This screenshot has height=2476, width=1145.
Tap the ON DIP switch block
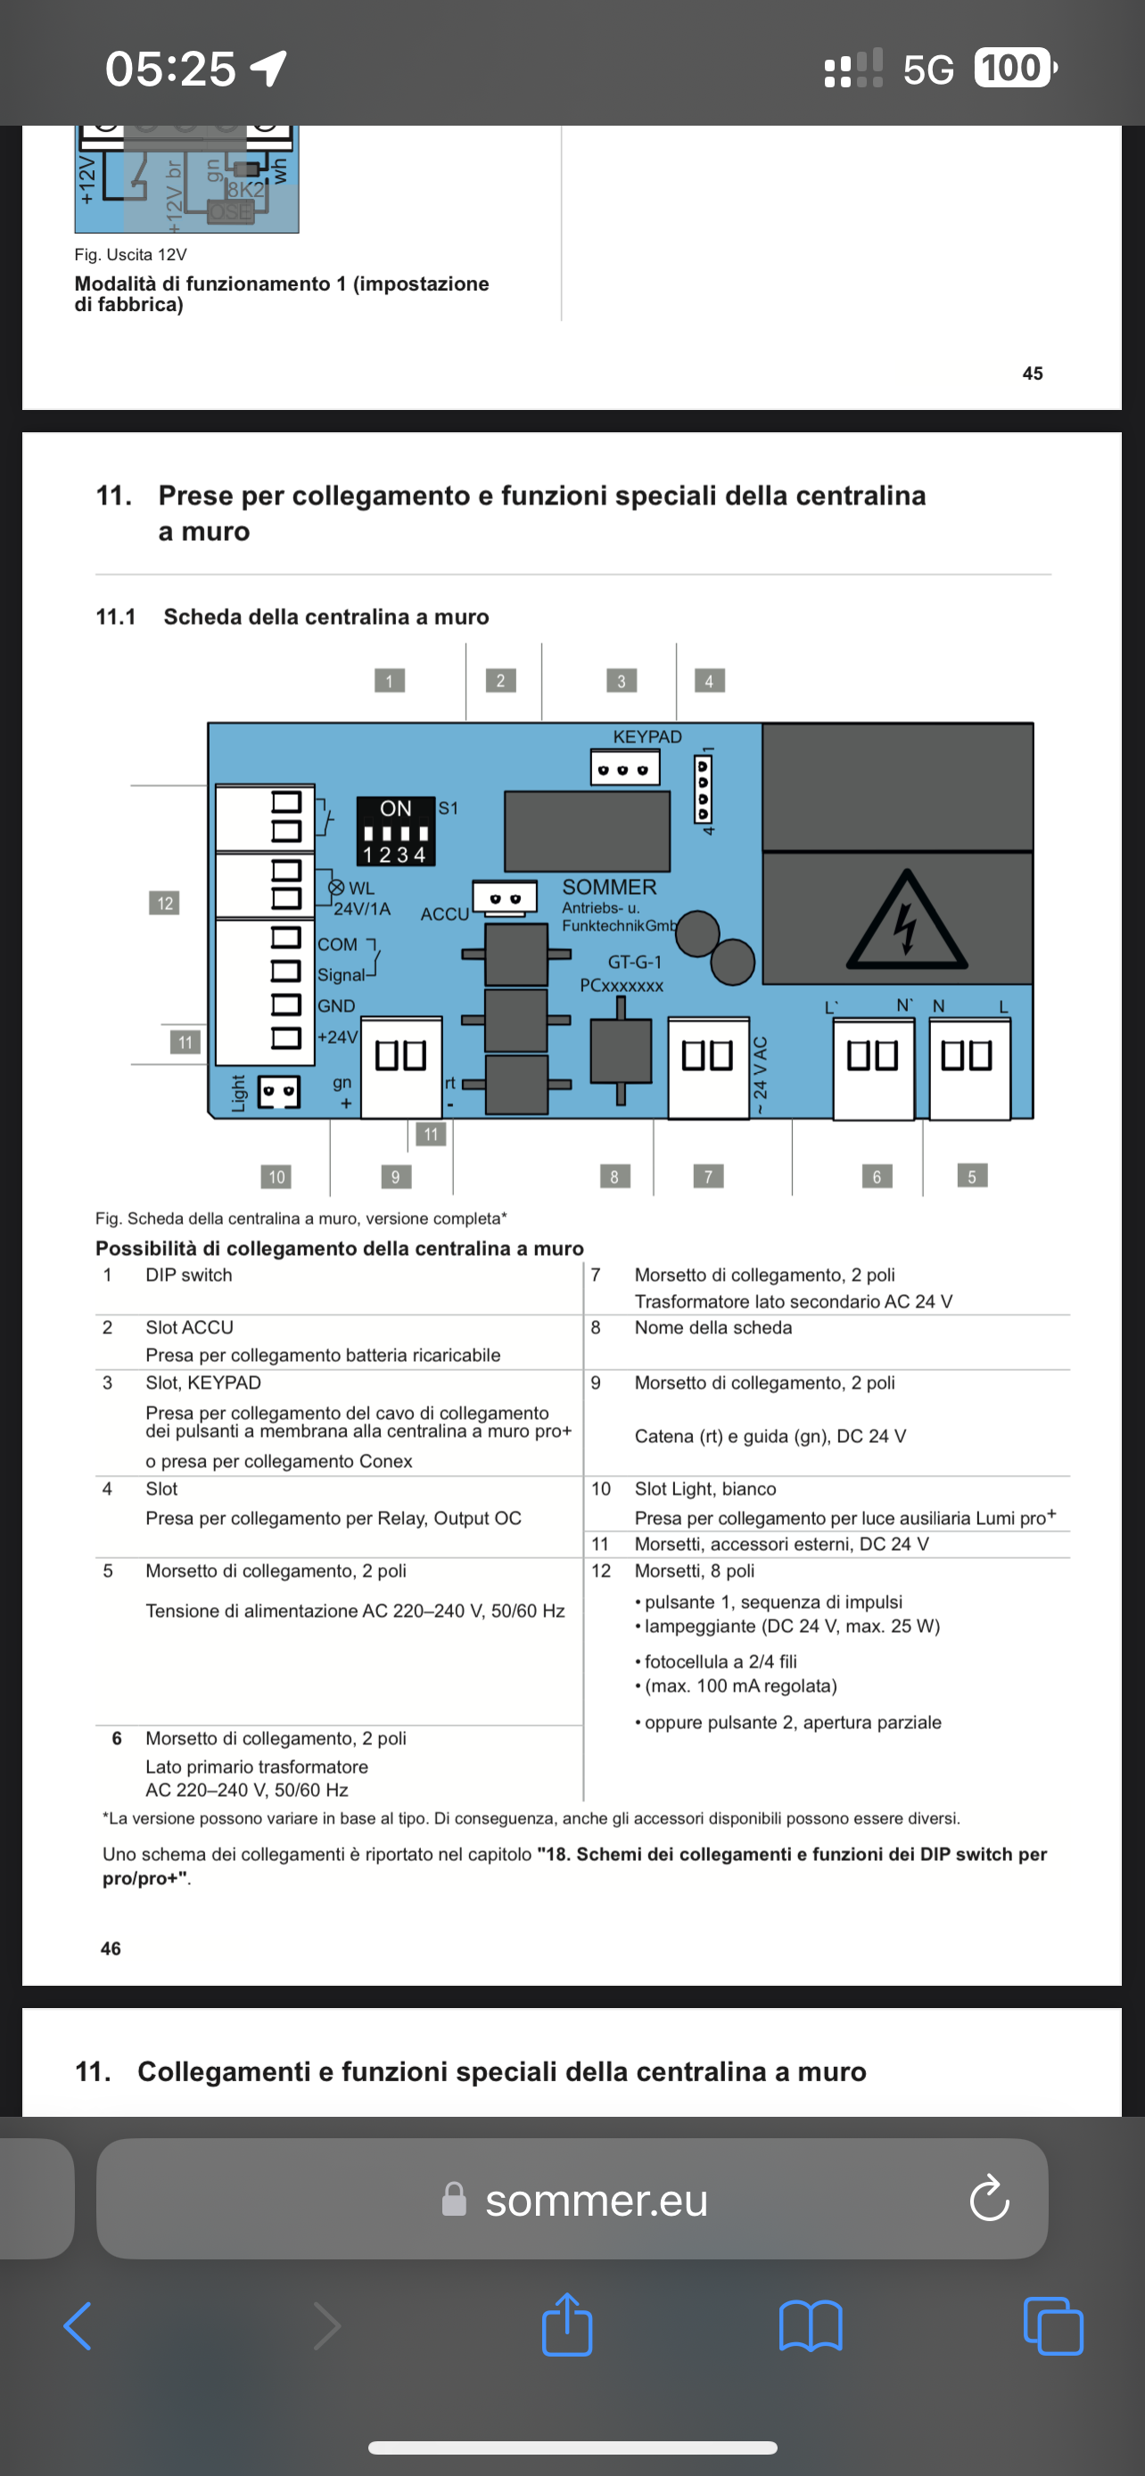pyautogui.click(x=395, y=831)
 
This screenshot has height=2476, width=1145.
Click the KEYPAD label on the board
pyautogui.click(x=647, y=736)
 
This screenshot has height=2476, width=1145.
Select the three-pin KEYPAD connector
pyautogui.click(x=625, y=769)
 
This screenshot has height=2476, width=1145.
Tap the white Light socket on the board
pyautogui.click(x=279, y=1091)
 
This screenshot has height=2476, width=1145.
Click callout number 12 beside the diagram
pyautogui.click(x=164, y=903)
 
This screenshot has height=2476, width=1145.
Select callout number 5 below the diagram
pyautogui.click(x=972, y=1176)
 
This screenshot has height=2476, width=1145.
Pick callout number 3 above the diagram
pyautogui.click(x=621, y=681)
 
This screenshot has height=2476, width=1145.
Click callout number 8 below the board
pyautogui.click(x=614, y=1176)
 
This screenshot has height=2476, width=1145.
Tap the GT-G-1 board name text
pyautogui.click(x=635, y=961)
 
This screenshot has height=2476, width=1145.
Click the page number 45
pyautogui.click(x=1033, y=373)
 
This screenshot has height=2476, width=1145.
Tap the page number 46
pyautogui.click(x=111, y=1948)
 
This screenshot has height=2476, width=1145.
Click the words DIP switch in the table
pyautogui.click(x=188, y=1275)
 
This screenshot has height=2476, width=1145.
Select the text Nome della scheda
pyautogui.click(x=713, y=1327)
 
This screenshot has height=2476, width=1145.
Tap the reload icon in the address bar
pyautogui.click(x=989, y=2197)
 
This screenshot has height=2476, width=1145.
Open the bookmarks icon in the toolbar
pyautogui.click(x=811, y=2326)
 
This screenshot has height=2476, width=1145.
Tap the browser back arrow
pyautogui.click(x=78, y=2326)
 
